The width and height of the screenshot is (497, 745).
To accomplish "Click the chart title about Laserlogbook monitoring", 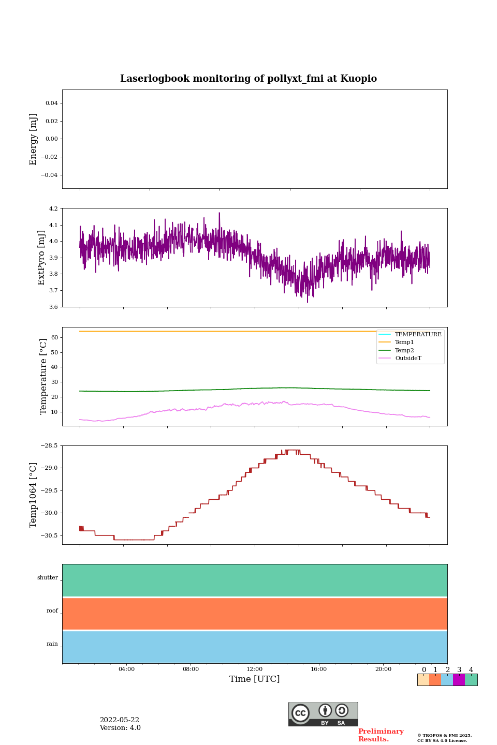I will (248, 79).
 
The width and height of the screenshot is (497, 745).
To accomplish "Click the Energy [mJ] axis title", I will (34, 139).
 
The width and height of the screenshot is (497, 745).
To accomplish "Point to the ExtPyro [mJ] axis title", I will (42, 258).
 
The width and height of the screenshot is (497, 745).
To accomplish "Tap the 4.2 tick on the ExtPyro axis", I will (52, 209).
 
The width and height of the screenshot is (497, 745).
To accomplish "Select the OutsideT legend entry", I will (408, 358).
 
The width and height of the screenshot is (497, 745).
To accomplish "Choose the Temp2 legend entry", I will (404, 350).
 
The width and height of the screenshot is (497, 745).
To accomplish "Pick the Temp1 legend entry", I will (404, 342).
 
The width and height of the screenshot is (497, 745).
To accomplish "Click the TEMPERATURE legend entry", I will (418, 334).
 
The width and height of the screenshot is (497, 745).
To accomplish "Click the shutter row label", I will (48, 578).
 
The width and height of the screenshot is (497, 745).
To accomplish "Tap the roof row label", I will (52, 611).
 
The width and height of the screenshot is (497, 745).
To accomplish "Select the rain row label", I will (52, 644).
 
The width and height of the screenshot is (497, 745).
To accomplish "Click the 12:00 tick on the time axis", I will (255, 669).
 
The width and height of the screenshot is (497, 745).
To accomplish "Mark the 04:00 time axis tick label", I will (126, 669).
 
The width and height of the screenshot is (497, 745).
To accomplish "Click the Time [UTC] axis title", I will (255, 679).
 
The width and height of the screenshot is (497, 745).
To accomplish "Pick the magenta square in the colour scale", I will (459, 680).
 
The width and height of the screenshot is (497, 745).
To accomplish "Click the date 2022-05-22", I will (120, 720).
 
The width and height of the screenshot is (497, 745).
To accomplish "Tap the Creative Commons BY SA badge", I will (323, 714).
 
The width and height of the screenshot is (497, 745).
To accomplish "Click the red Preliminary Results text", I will (381, 735).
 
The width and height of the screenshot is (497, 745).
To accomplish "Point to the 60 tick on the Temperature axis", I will (54, 337).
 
